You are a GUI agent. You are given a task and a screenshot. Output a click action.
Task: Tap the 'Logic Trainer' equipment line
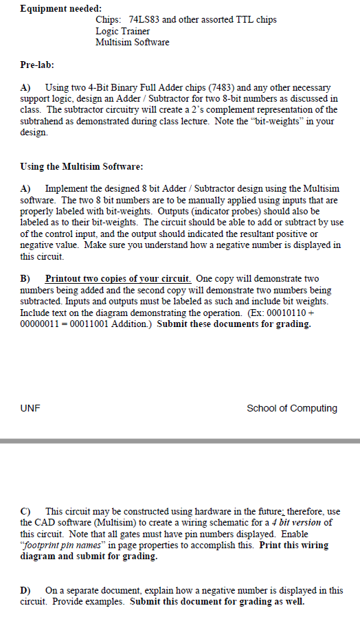point(122,31)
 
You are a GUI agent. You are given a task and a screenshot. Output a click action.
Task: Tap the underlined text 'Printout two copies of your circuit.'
point(118,278)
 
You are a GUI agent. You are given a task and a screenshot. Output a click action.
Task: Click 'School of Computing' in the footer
point(292,408)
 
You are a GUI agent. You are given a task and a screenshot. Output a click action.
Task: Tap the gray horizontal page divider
point(180,440)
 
